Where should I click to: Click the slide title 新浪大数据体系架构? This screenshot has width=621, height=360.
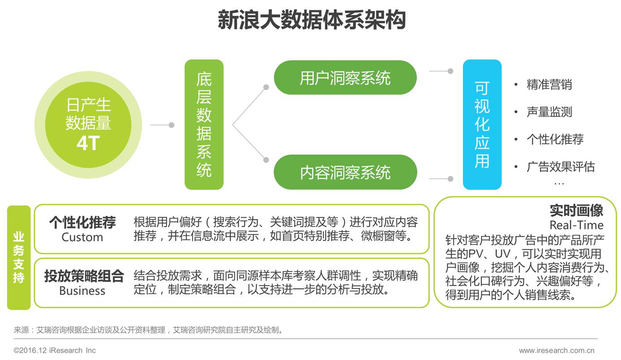point(311,20)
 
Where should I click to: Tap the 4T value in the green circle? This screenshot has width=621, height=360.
point(88,143)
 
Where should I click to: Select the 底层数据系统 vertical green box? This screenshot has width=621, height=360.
point(204,124)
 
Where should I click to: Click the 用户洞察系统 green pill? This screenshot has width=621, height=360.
point(345,78)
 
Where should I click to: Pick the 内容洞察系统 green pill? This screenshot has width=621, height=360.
point(345,172)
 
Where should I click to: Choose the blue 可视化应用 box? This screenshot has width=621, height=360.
point(482,124)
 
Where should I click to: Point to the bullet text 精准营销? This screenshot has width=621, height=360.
point(549,85)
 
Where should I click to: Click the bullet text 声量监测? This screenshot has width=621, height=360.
point(549,112)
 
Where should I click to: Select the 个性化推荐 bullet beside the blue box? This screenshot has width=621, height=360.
point(555,139)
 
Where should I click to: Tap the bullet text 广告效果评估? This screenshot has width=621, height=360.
point(561,167)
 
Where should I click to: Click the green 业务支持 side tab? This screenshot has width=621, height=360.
point(19,257)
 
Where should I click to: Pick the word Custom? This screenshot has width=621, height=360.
point(82,237)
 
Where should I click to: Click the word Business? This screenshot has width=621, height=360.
point(82,291)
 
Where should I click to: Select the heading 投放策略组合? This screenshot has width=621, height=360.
point(84,276)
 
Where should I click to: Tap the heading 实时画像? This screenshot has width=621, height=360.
point(576,210)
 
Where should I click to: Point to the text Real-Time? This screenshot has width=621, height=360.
point(576,225)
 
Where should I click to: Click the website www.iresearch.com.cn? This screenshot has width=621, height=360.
point(557,351)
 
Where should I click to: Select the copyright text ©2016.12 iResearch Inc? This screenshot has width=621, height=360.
point(55,351)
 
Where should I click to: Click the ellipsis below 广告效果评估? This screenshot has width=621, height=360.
point(559,183)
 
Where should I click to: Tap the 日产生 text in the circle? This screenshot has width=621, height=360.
point(88,105)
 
